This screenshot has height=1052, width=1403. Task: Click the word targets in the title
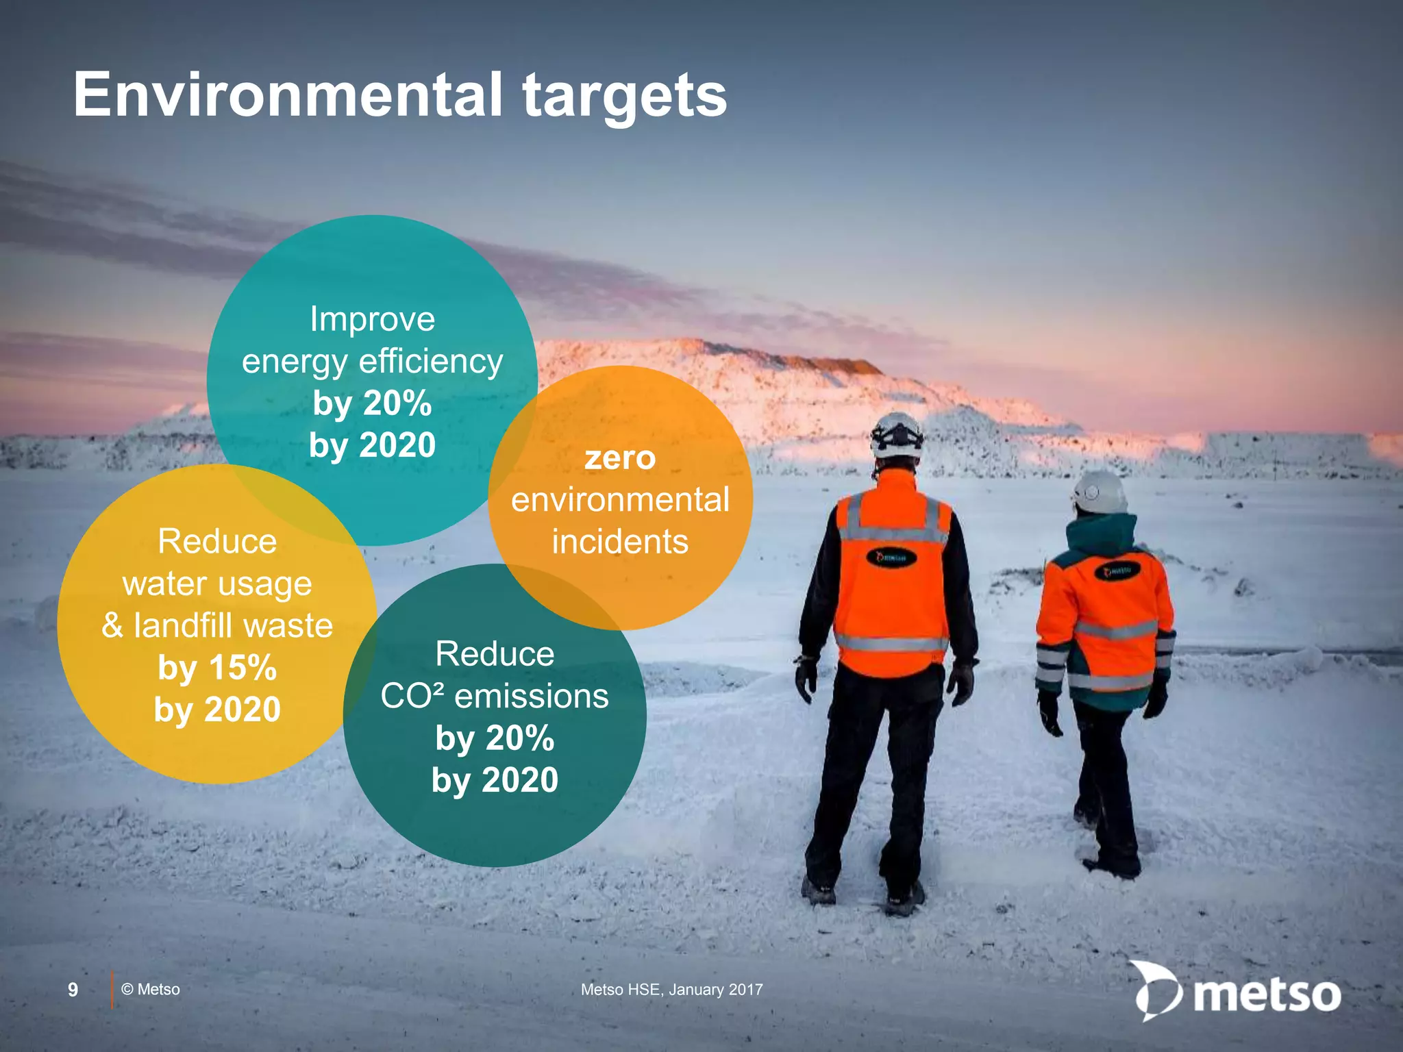pyautogui.click(x=624, y=97)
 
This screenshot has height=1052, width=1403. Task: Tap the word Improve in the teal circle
pyautogui.click(x=372, y=320)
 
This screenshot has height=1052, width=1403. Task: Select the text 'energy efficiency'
pyautogui.click(x=372, y=362)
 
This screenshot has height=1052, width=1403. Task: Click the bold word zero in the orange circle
pyautogui.click(x=620, y=458)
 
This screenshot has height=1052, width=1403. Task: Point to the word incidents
pyautogui.click(x=620, y=542)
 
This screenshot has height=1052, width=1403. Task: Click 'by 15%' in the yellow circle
pyautogui.click(x=217, y=668)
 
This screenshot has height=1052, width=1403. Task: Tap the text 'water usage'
pyautogui.click(x=217, y=584)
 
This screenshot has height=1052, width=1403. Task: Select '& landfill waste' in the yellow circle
pyautogui.click(x=217, y=626)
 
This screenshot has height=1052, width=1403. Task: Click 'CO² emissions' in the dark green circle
pyautogui.click(x=495, y=697)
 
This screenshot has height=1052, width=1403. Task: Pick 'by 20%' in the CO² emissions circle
pyautogui.click(x=495, y=738)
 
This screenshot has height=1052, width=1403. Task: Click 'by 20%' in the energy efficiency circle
pyautogui.click(x=372, y=403)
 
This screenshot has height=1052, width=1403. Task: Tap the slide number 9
pyautogui.click(x=73, y=990)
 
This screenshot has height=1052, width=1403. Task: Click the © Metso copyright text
pyautogui.click(x=151, y=990)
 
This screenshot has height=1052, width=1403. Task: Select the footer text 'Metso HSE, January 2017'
pyautogui.click(x=671, y=990)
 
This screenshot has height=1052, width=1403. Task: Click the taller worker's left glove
pyautogui.click(x=806, y=678)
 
